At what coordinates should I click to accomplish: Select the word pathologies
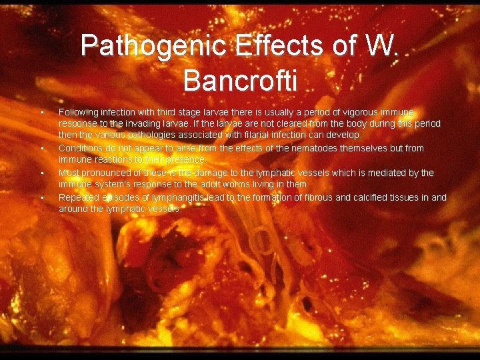(x=144, y=135)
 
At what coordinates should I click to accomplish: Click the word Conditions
(x=82, y=148)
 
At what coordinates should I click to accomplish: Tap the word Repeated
(x=79, y=197)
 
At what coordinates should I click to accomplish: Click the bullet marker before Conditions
(x=41, y=149)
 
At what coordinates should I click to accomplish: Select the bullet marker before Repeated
(x=41, y=198)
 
